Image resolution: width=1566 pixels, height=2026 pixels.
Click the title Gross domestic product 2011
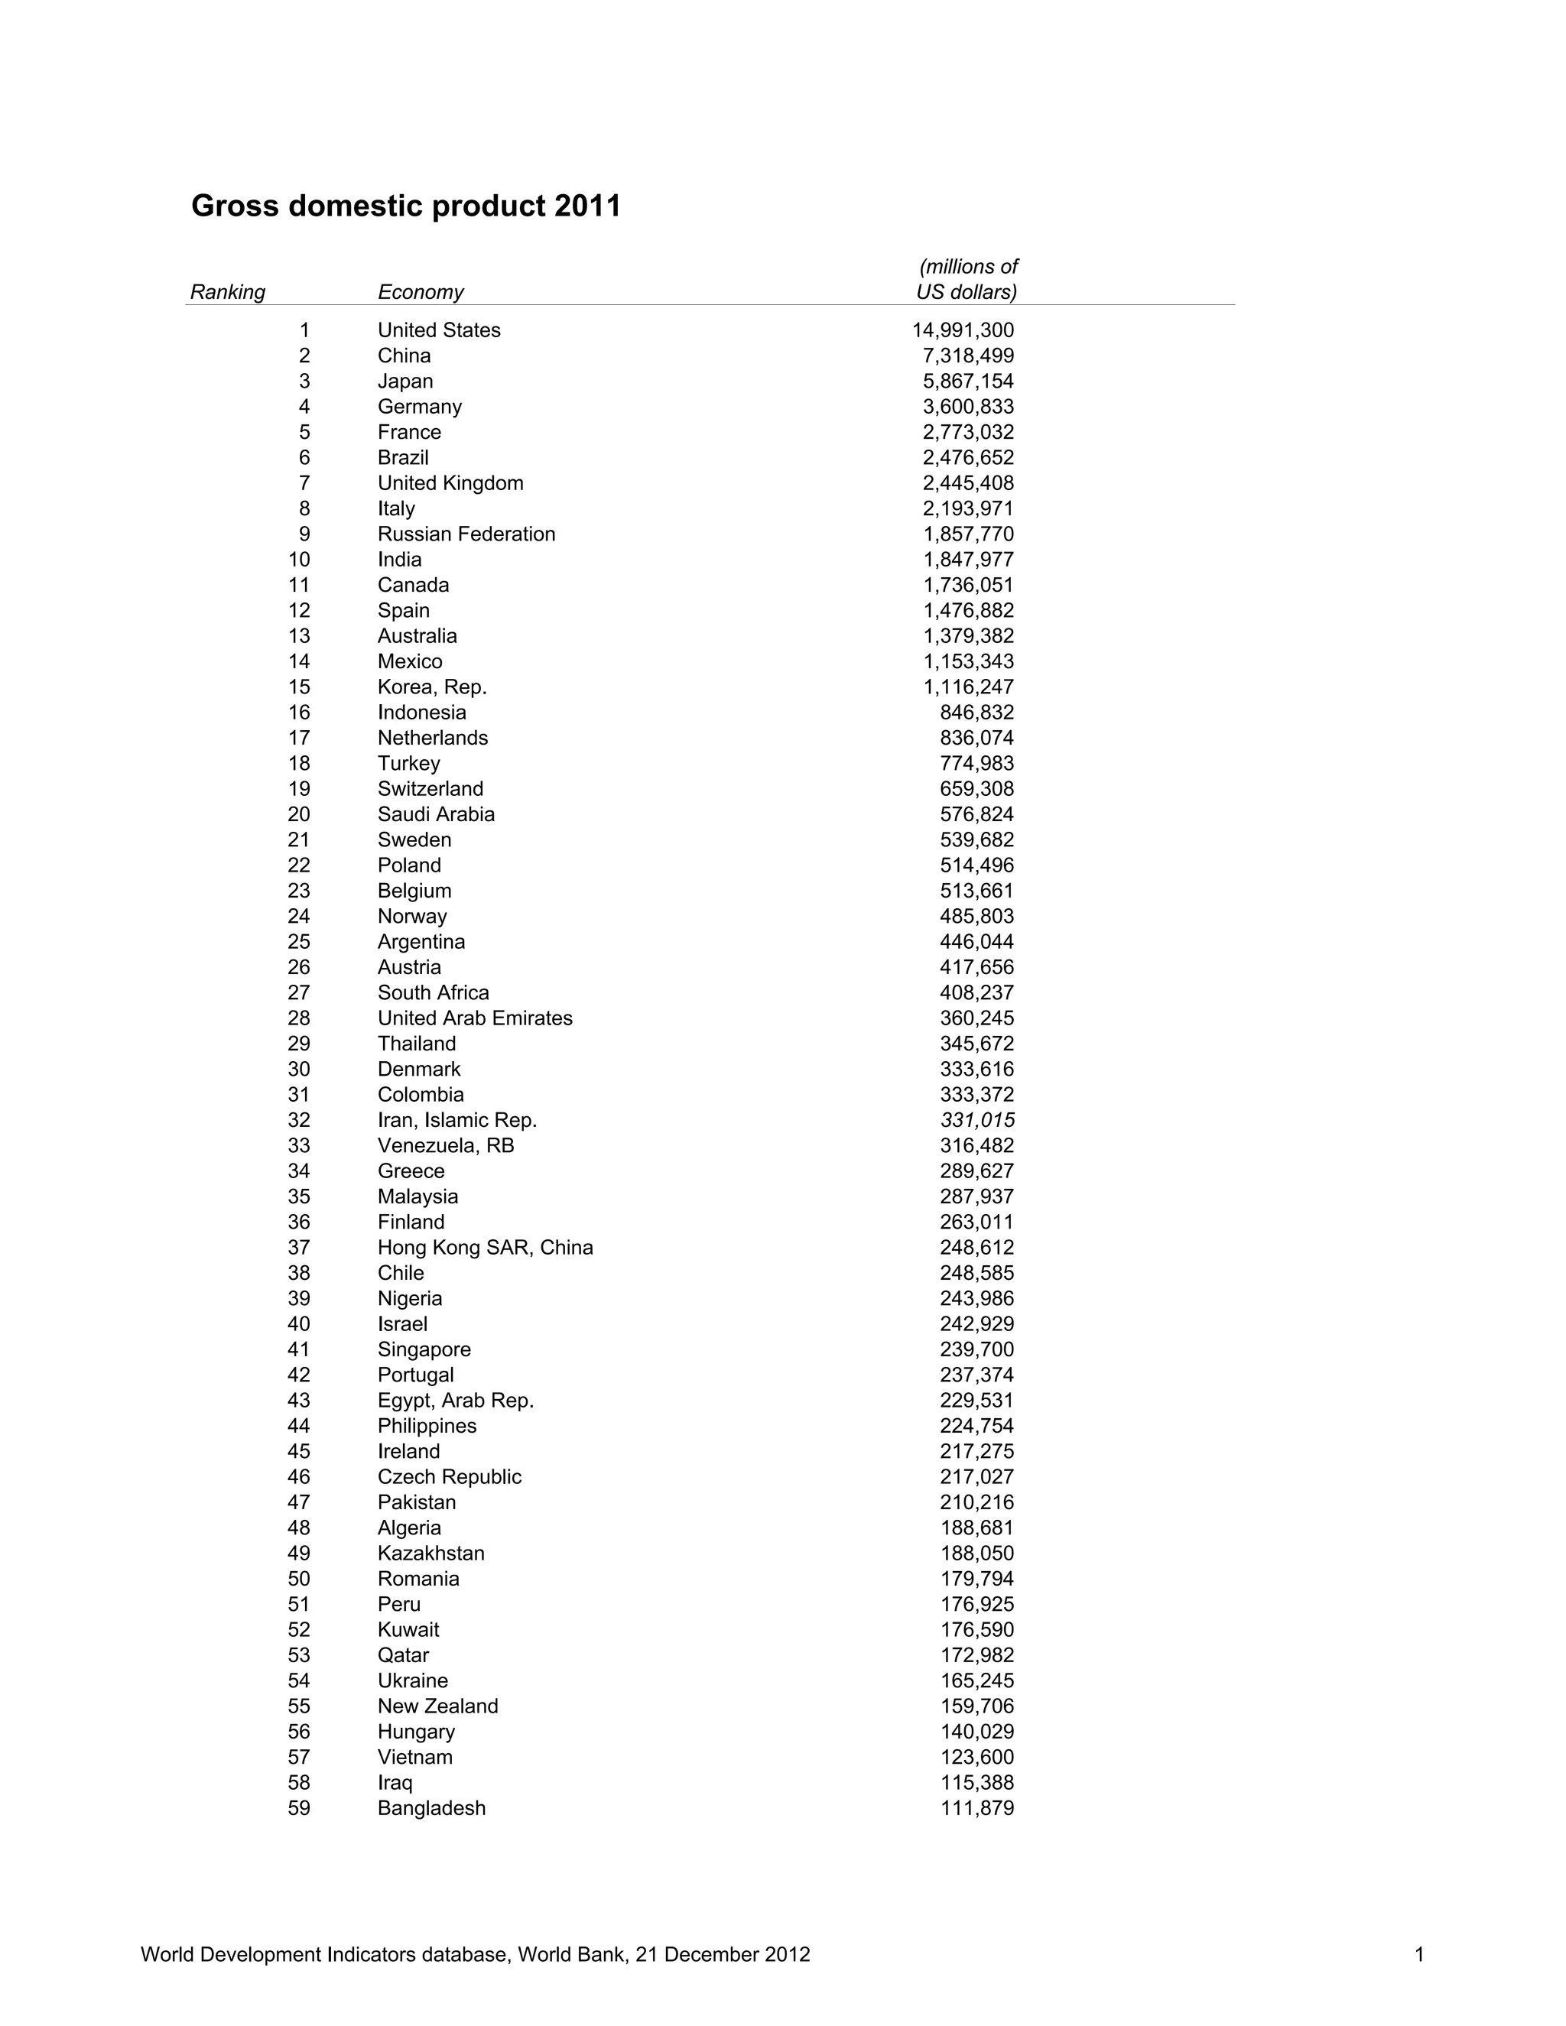[x=405, y=205]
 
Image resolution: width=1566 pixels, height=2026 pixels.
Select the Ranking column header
[x=227, y=292]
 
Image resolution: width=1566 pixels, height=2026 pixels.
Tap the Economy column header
[x=421, y=292]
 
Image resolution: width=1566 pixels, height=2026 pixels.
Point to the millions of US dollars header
[x=967, y=279]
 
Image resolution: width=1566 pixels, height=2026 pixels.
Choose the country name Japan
[x=405, y=381]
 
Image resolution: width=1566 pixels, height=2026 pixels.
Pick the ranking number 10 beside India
[x=299, y=560]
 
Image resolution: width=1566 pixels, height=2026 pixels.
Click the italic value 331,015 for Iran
[x=977, y=1120]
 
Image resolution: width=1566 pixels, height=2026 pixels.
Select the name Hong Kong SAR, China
[x=486, y=1247]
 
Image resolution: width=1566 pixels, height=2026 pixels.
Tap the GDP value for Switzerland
[x=977, y=788]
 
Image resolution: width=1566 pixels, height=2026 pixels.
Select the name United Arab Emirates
[x=475, y=1018]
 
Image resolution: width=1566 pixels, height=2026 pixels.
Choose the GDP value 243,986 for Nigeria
[x=977, y=1298]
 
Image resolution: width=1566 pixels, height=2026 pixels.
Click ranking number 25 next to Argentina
[x=299, y=942]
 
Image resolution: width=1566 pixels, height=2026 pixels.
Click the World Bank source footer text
[x=475, y=1955]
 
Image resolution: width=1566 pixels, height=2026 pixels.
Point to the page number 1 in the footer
[x=1418, y=1955]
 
